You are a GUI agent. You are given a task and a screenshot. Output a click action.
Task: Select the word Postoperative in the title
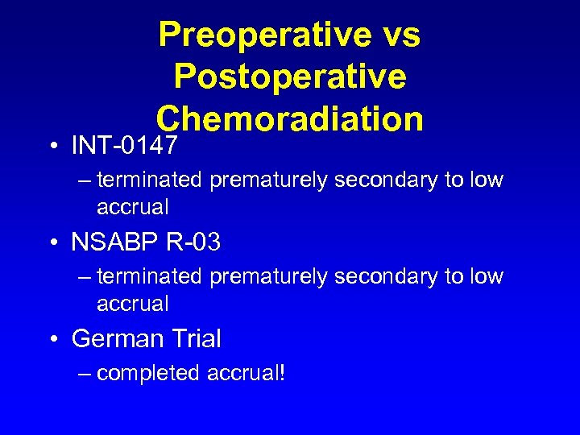click(x=290, y=77)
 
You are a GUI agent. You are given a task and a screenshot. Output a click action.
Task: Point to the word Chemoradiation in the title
click(x=290, y=118)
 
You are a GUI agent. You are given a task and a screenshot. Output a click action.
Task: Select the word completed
click(x=149, y=374)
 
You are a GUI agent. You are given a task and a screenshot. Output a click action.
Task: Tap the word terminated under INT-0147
click(x=150, y=180)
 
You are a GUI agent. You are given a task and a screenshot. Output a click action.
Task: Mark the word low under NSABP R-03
click(x=485, y=277)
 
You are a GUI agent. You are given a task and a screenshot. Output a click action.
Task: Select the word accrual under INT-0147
click(x=133, y=208)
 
